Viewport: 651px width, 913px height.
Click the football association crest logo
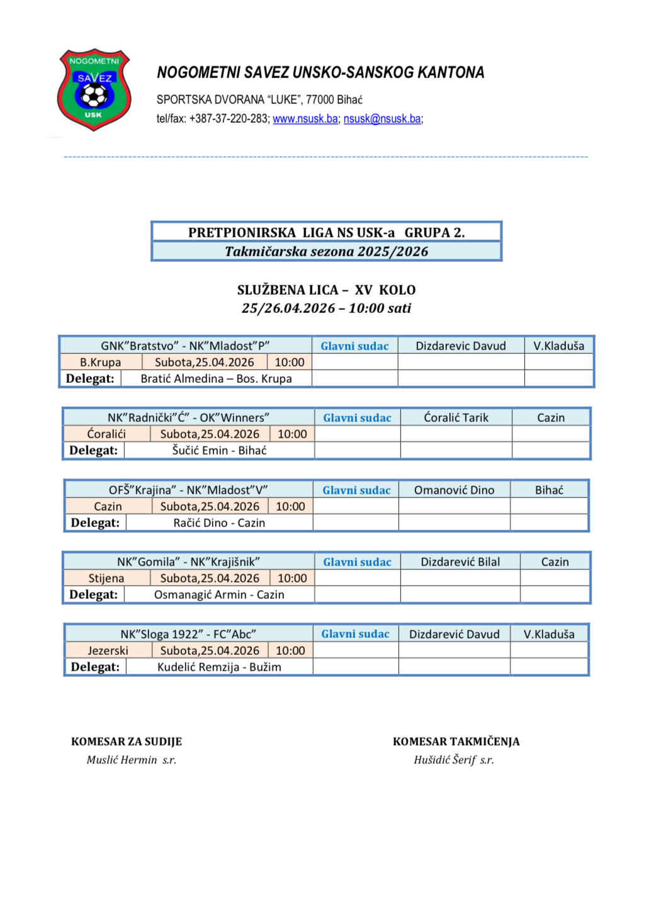point(94,89)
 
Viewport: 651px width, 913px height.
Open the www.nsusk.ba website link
point(305,119)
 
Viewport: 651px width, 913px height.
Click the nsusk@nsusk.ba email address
point(382,119)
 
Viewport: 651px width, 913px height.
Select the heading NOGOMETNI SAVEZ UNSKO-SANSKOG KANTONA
point(320,73)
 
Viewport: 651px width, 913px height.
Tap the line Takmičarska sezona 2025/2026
point(326,252)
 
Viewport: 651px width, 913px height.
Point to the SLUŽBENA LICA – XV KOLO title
point(326,290)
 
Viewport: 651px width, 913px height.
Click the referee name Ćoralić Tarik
point(456,417)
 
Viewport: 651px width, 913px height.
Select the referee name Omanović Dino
point(454,490)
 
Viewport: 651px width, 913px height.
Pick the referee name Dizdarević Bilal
point(460,562)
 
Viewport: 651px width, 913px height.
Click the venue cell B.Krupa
point(100,362)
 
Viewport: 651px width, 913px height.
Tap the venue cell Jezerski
point(108,650)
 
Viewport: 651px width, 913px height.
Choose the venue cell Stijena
point(106,578)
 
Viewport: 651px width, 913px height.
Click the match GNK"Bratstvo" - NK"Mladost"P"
point(185,346)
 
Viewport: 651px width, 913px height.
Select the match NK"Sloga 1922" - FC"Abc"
point(188,634)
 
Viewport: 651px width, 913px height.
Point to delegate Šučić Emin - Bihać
point(219,450)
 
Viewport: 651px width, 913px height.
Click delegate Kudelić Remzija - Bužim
point(219,667)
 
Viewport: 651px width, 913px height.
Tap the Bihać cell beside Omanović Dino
point(549,490)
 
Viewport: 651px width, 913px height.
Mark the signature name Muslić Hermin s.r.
point(131,760)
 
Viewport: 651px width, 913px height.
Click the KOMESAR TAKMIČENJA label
point(456,742)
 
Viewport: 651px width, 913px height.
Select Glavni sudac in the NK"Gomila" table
point(357,562)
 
